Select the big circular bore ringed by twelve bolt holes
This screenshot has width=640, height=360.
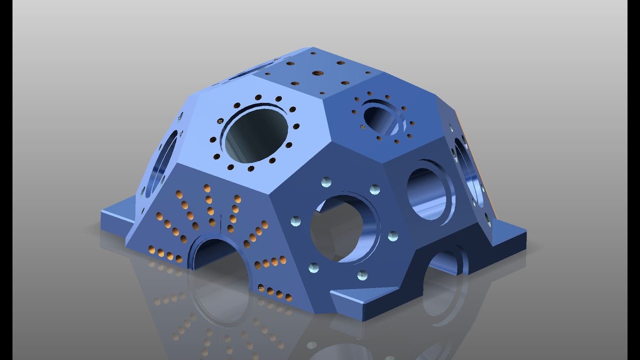coord(256,136)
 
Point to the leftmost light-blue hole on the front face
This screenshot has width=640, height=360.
coord(295,220)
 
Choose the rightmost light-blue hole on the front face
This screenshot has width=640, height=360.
coord(392,235)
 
